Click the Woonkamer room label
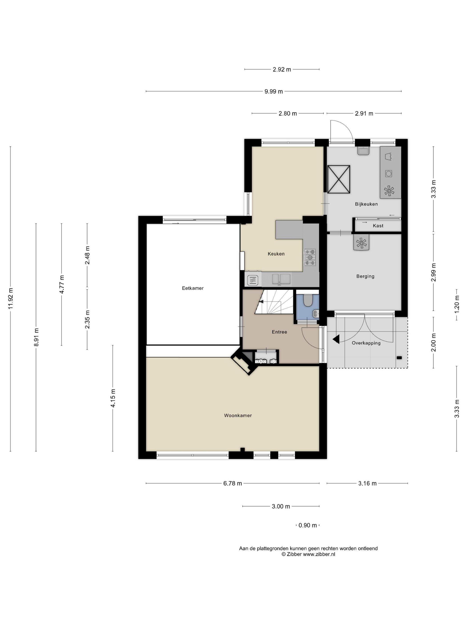pyautogui.click(x=238, y=415)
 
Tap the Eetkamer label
pyautogui.click(x=193, y=288)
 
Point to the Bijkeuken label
pyautogui.click(x=366, y=204)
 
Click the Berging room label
pyautogui.click(x=365, y=276)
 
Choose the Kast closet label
pyautogui.click(x=378, y=226)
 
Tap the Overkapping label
pyautogui.click(x=366, y=343)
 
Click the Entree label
pyautogui.click(x=280, y=332)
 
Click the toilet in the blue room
pyautogui.click(x=308, y=300)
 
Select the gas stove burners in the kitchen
pyautogui.click(x=310, y=257)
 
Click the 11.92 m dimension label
pyautogui.click(x=11, y=299)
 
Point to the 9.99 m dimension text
pyautogui.click(x=274, y=91)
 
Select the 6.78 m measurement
pyautogui.click(x=233, y=483)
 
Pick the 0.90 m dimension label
pyautogui.click(x=308, y=525)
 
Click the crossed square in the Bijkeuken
pyautogui.click(x=339, y=179)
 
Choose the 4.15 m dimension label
pyautogui.click(x=113, y=398)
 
